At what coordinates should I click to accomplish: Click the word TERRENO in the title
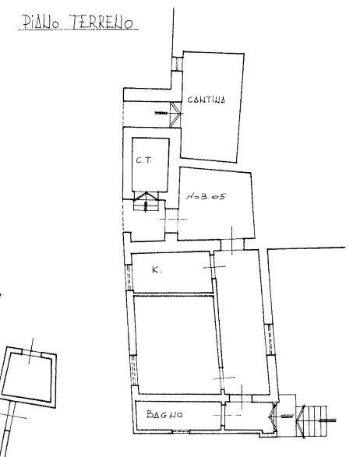click(102, 22)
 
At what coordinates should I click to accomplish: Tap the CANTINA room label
click(206, 100)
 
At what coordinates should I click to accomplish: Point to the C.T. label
click(144, 160)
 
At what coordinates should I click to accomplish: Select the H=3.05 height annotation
click(206, 196)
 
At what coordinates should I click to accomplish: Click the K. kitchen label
click(157, 270)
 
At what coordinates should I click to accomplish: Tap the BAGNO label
click(165, 414)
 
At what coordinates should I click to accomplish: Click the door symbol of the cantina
click(176, 114)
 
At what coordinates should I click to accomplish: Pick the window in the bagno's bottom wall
click(182, 431)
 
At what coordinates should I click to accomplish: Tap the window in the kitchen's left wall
click(129, 277)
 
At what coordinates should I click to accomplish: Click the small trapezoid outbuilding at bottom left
click(29, 378)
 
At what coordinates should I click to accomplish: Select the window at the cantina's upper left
click(177, 64)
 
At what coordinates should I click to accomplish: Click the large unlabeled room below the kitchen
click(178, 345)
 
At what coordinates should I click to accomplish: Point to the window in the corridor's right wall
click(270, 339)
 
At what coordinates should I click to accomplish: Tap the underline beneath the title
click(78, 30)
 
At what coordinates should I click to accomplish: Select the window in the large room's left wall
click(134, 370)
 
